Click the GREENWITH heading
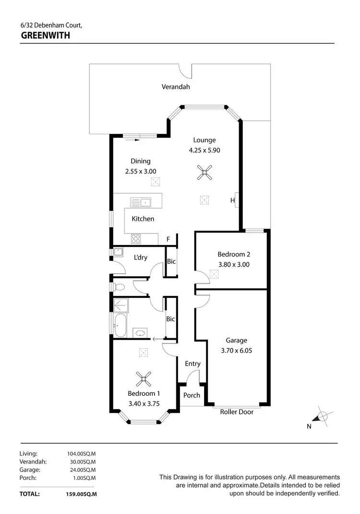coord(46,35)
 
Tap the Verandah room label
coord(176,87)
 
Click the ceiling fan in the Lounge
coord(204,172)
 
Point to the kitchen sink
coord(141,202)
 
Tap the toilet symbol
coord(118,287)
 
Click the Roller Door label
coord(237,412)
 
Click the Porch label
coord(192,395)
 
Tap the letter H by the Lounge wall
coord(232,200)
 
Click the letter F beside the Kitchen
coord(168,239)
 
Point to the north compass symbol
coord(323,416)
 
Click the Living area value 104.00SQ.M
coord(81,453)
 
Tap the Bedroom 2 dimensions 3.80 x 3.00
coord(234,264)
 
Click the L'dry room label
coord(140,257)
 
